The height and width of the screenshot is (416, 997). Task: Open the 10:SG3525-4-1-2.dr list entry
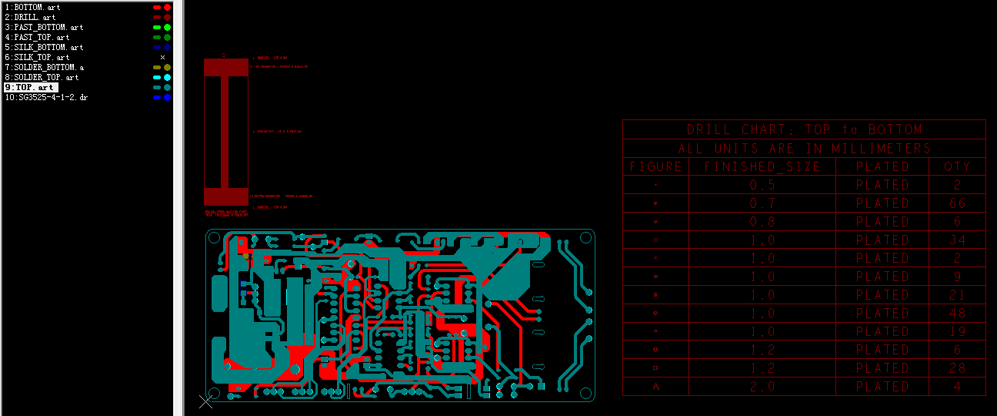[x=46, y=98]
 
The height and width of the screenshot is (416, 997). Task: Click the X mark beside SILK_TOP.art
[x=162, y=57]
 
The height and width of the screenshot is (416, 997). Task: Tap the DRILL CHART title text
[x=804, y=129]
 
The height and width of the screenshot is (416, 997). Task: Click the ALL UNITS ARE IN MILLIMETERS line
[x=804, y=148]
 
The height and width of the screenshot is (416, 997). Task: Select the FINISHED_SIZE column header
[x=762, y=166]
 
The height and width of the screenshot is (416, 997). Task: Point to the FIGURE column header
[x=655, y=166]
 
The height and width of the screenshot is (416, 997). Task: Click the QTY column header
[x=957, y=166]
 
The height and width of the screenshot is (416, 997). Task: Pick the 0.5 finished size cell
[x=762, y=185]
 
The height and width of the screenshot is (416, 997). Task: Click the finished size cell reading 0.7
[x=762, y=203]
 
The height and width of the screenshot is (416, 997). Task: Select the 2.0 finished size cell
[x=762, y=387]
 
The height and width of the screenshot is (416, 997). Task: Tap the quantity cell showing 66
[x=957, y=203]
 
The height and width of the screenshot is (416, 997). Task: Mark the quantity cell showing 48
[x=957, y=314]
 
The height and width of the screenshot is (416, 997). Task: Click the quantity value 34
[x=957, y=240]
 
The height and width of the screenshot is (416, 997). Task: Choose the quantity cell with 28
[x=957, y=368]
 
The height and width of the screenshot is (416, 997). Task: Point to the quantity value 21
[x=957, y=295]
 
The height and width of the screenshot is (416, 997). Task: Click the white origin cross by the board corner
[x=206, y=401]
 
